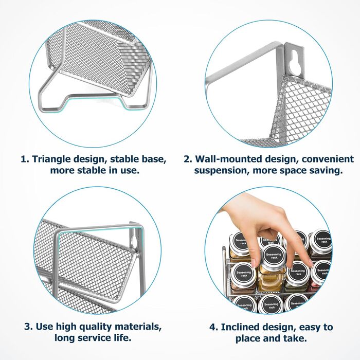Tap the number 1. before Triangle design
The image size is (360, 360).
pyautogui.click(x=25, y=159)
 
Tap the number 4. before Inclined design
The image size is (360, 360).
pyautogui.click(x=214, y=327)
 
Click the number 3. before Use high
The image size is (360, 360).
pyautogui.click(x=29, y=326)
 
